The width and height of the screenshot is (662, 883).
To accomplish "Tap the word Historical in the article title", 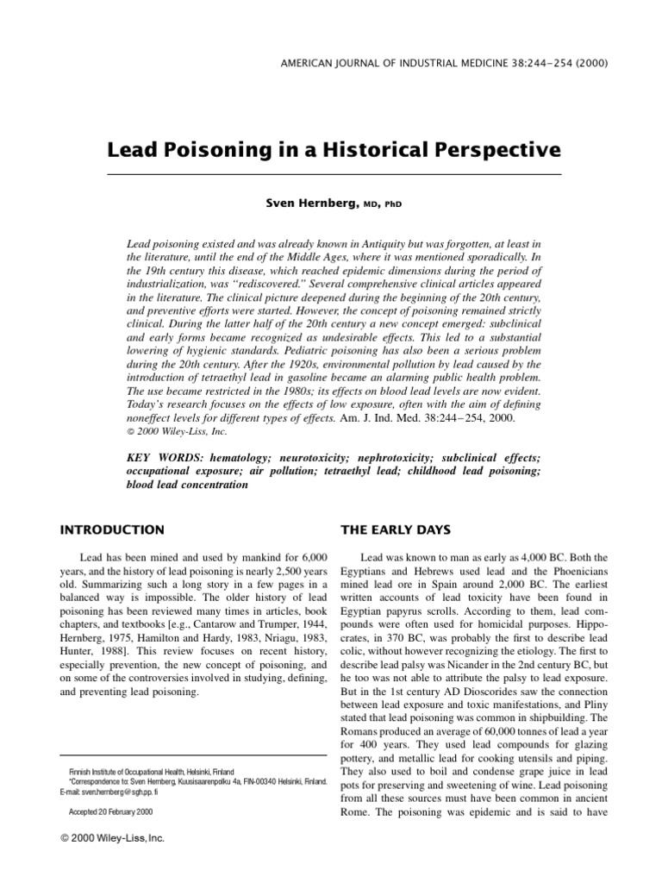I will pos(384,150).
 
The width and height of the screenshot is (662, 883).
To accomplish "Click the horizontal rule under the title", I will pos(334,175).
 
